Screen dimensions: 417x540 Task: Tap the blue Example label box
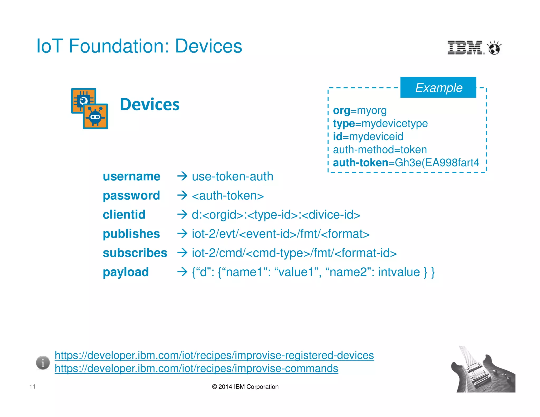pyautogui.click(x=438, y=88)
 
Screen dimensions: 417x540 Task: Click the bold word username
pyautogui.click(x=132, y=176)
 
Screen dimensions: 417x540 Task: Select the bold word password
pyautogui.click(x=131, y=196)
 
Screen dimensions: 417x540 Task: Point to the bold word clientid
pyautogui.click(x=124, y=215)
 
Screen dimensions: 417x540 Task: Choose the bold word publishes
pyautogui.click(x=131, y=234)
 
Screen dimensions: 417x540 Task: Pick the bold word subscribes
pyautogui.click(x=135, y=253)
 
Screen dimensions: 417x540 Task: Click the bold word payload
pyautogui.click(x=126, y=272)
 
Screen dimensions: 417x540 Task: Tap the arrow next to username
pyautogui.click(x=182, y=176)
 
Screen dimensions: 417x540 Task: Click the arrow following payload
pyautogui.click(x=182, y=272)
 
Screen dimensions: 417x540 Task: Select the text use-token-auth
pyautogui.click(x=232, y=176)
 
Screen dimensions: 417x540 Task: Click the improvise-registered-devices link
pyautogui.click(x=214, y=355)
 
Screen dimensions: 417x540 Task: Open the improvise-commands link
pyautogui.click(x=196, y=368)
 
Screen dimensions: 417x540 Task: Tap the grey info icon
pyautogui.click(x=43, y=363)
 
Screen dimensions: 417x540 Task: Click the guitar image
pyautogui.click(x=483, y=370)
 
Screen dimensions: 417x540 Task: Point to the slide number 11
pyautogui.click(x=32, y=387)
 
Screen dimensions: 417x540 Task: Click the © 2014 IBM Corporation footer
pyautogui.click(x=245, y=387)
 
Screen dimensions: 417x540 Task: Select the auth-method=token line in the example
pyautogui.click(x=380, y=150)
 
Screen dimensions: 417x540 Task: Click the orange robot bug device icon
pyautogui.click(x=95, y=116)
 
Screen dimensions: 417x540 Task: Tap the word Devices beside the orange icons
pyautogui.click(x=150, y=104)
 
